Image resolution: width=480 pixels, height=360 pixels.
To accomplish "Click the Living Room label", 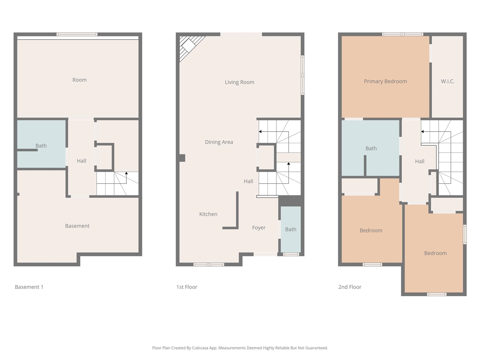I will coord(239,82).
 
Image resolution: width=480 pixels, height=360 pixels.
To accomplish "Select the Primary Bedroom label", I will coord(385,81).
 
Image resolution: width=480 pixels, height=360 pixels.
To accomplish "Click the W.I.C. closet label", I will coord(447,81).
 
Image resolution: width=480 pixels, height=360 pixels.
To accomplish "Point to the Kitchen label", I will coord(208,214).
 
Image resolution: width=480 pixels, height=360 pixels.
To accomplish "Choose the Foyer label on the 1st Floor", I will coord(258,228).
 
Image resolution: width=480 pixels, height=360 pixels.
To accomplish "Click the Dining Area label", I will coord(219,142).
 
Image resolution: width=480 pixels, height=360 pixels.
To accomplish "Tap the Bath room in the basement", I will coord(41,145).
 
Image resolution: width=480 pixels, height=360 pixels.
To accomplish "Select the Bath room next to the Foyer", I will coord(291,229).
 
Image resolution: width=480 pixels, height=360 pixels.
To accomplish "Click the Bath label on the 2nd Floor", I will coord(371,148).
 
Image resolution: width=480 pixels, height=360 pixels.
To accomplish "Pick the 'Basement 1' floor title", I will coord(29,287).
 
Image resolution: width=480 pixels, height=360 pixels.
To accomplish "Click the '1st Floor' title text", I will coord(186,287).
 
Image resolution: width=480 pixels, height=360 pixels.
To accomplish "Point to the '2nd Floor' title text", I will coord(349,287).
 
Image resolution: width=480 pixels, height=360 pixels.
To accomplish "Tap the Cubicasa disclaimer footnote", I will coord(240,348).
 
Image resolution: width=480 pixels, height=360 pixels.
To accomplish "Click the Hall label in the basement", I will coord(81,161).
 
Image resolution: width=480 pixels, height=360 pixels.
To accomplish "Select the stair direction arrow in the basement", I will coord(126,173).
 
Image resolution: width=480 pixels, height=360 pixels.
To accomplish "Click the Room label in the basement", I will coord(79,80).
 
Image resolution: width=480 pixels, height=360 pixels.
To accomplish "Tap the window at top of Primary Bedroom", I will coord(402,34).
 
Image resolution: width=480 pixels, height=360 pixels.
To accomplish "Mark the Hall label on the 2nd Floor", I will coord(419,161).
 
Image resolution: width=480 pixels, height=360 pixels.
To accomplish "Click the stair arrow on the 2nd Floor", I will coord(423,132).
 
